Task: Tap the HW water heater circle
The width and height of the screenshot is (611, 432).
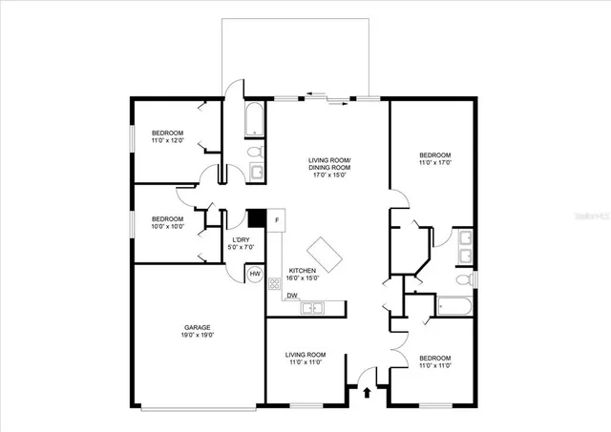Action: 255,275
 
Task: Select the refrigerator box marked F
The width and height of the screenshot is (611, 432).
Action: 276,221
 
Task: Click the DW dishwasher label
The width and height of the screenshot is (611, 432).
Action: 291,296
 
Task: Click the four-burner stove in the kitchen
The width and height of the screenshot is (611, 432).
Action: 275,283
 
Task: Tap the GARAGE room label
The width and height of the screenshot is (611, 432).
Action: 198,327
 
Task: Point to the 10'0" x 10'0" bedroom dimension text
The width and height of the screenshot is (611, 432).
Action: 167,226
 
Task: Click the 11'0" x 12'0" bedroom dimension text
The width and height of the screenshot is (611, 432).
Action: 167,141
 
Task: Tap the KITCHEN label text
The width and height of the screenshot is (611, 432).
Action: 304,271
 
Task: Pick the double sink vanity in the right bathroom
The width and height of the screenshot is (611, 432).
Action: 462,246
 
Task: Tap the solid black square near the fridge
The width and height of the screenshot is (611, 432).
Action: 255,218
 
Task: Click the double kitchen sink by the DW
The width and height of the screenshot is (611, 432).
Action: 314,306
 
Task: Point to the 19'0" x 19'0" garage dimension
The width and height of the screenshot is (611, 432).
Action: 198,335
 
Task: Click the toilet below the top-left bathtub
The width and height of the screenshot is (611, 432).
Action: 255,152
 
